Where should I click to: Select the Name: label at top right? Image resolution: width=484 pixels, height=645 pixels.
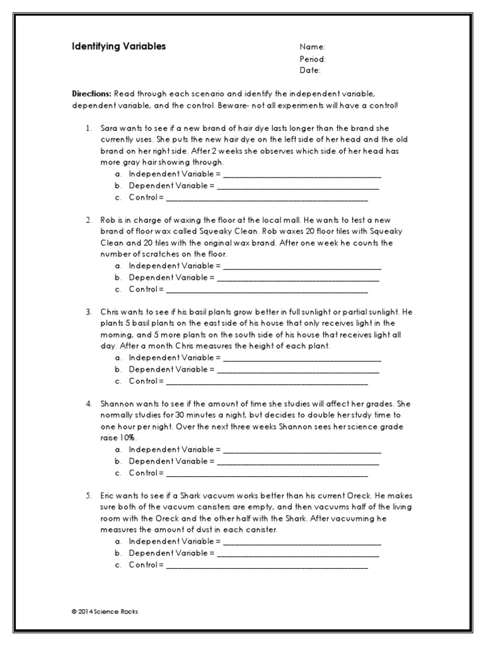click(312, 47)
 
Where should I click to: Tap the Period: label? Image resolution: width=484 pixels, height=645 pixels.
click(313, 59)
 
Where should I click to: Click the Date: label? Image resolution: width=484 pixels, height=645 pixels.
click(310, 70)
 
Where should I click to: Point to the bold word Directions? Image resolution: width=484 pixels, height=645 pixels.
click(91, 93)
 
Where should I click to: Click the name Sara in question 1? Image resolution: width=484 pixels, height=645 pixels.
click(108, 128)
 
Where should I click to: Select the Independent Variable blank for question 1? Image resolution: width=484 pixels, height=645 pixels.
click(302, 174)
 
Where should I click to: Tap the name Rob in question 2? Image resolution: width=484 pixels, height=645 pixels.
click(108, 220)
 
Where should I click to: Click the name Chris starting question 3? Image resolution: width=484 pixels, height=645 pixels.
click(110, 312)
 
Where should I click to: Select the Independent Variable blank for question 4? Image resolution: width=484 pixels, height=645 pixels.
click(302, 450)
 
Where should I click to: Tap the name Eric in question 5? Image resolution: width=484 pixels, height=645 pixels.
click(108, 496)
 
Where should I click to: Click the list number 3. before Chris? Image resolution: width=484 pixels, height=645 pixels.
click(89, 312)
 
